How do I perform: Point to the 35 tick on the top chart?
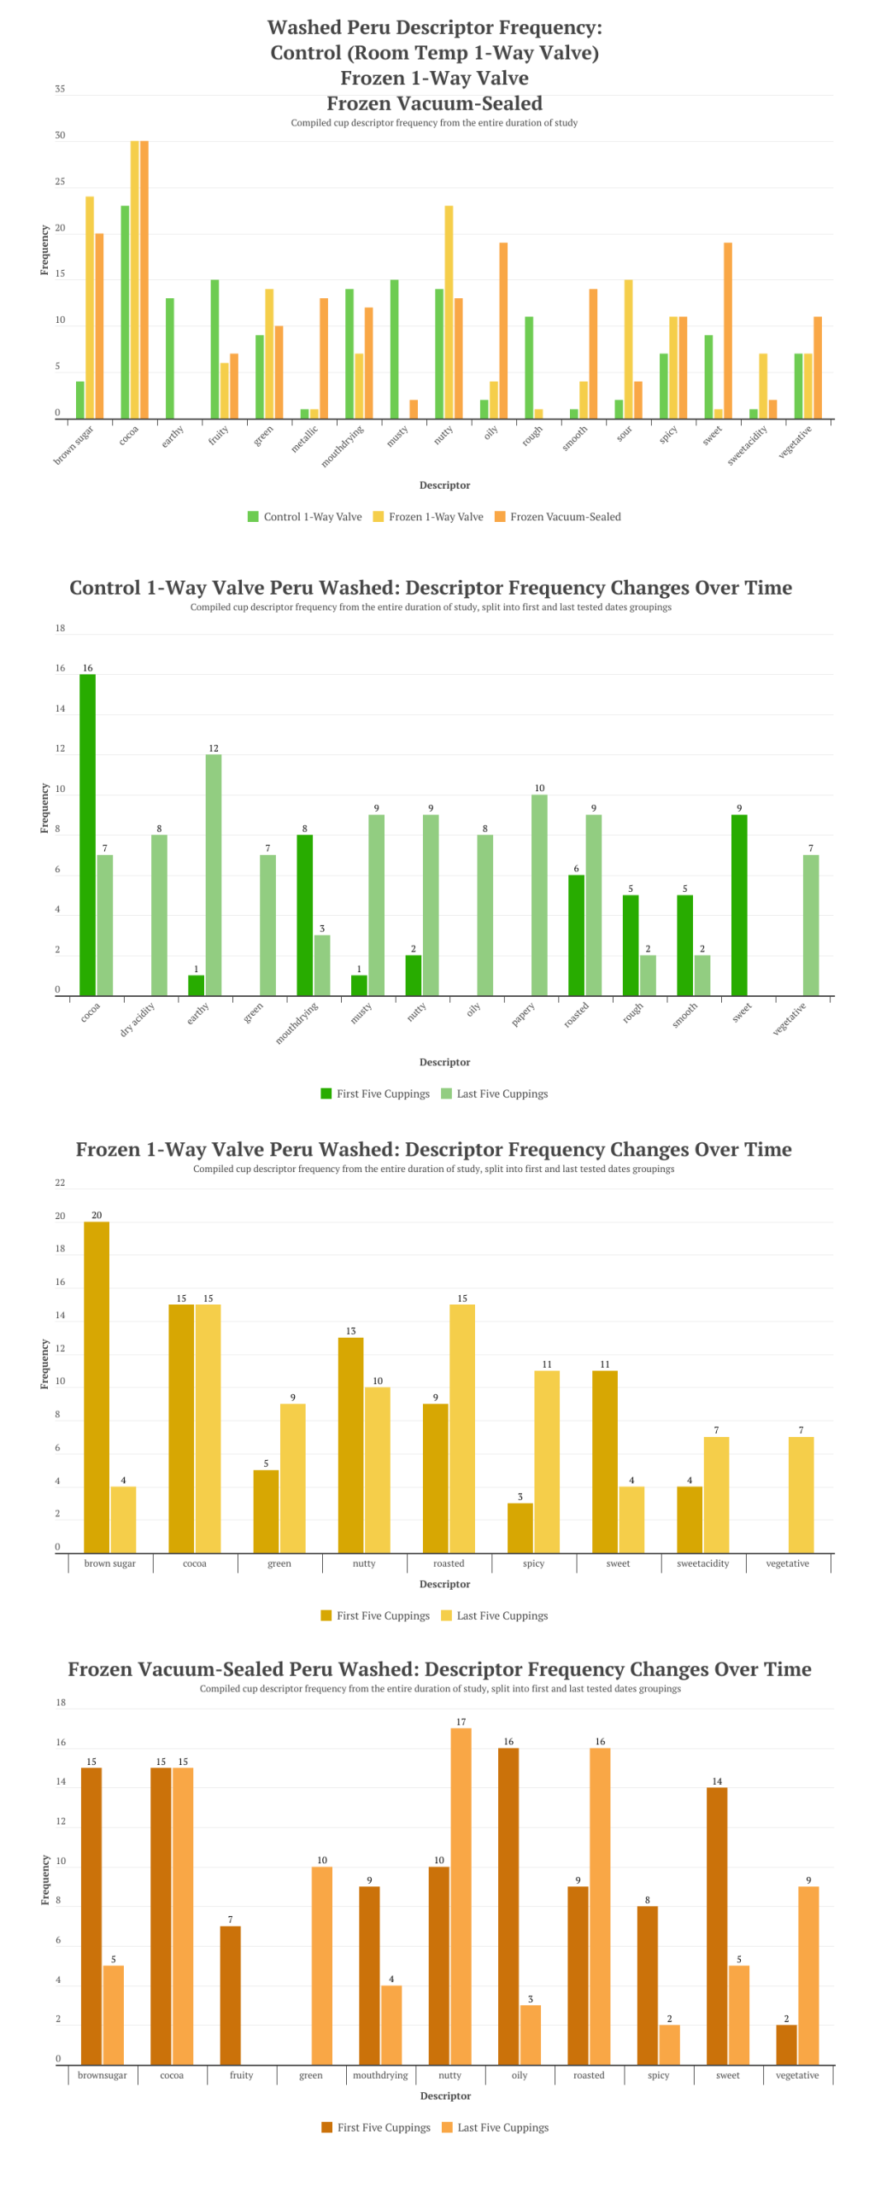(x=60, y=89)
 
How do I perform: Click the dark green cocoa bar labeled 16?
(x=87, y=835)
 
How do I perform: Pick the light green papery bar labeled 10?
(x=539, y=894)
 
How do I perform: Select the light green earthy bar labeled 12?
(x=214, y=875)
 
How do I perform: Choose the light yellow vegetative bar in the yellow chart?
(x=801, y=1494)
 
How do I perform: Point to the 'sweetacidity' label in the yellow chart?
(x=702, y=1563)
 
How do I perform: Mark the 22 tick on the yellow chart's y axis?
(x=60, y=1183)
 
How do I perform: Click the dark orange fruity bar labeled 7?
(x=230, y=1995)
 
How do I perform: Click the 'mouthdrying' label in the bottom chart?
(x=380, y=2075)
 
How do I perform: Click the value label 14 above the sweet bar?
(x=717, y=1781)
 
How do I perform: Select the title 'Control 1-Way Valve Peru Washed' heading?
(x=431, y=588)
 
